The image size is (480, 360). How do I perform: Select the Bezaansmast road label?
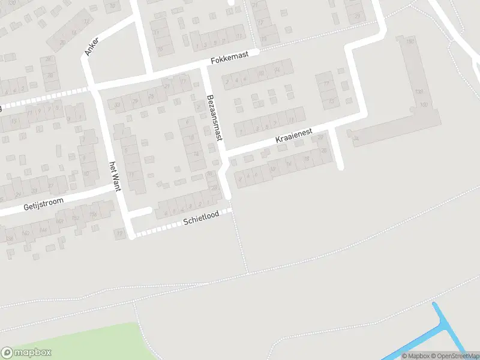pos(214,118)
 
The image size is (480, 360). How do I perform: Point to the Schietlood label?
pos(201,220)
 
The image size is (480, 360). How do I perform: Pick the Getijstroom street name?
pos(43,205)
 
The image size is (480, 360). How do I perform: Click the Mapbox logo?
pos(26,353)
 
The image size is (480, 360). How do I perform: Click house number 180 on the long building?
pos(410,41)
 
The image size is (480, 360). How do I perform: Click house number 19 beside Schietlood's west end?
pos(120,233)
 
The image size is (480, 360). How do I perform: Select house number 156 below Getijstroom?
pos(93,214)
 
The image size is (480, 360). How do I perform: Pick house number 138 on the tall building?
pos(419,92)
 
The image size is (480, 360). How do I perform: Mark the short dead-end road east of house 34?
pos(338,150)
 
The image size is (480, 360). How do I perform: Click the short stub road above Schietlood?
pos(142,212)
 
